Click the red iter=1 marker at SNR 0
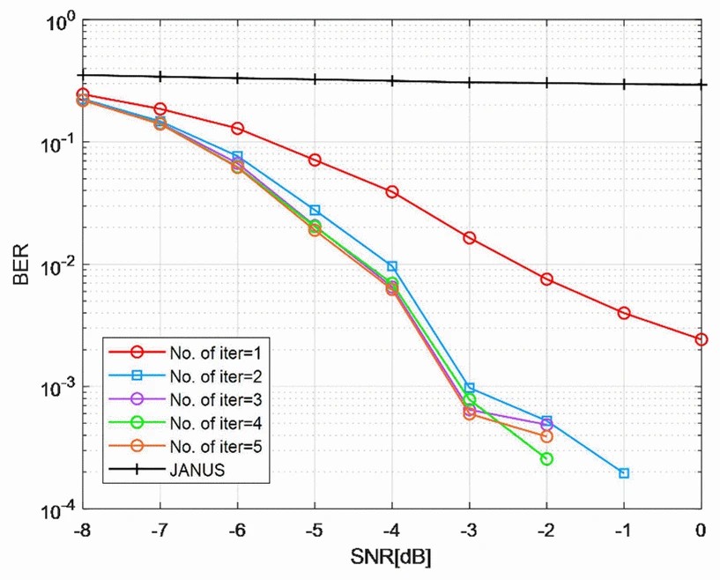701,339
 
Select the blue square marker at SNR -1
624,473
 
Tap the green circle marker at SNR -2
546,459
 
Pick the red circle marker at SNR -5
315,160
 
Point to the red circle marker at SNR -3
470,238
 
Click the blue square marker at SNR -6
237,156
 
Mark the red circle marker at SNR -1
624,313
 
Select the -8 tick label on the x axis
82,532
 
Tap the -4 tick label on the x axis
392,532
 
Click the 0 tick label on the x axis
701,532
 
